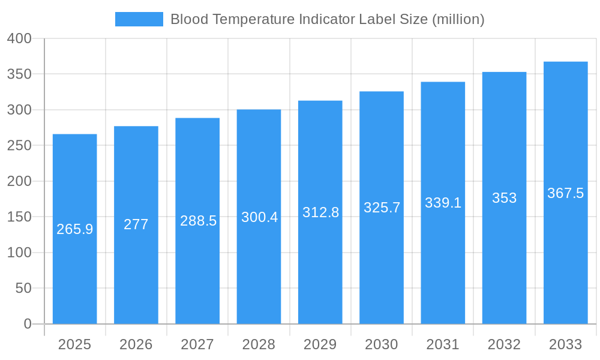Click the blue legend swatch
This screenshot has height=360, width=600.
(139, 19)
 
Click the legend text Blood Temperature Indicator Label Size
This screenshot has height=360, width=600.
(327, 19)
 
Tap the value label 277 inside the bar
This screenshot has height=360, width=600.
(136, 224)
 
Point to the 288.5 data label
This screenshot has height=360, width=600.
(198, 221)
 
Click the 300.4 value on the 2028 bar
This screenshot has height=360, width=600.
(259, 217)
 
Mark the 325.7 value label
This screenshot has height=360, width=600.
(382, 208)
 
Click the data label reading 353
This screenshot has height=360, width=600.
(504, 198)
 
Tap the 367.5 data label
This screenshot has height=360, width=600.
(565, 193)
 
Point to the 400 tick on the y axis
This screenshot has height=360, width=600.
(19, 38)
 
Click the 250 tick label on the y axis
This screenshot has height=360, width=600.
(19, 146)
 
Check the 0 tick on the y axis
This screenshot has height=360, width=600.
(27, 324)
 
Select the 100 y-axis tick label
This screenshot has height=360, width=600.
(19, 253)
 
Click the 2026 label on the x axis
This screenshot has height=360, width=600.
(136, 344)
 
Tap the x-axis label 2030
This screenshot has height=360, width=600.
(382, 344)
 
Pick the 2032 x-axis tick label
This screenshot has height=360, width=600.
(504, 344)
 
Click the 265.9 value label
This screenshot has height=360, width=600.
(75, 229)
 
